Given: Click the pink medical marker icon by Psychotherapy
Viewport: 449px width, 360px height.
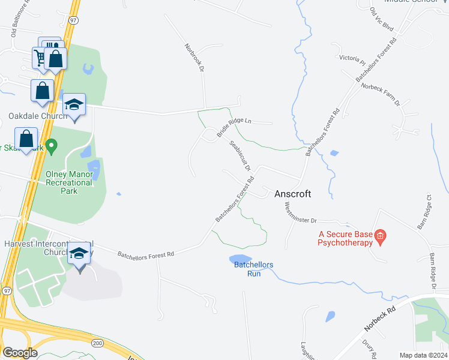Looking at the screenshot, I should pyautogui.click(x=380, y=238).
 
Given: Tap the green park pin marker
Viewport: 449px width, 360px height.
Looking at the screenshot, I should pyautogui.click(x=52, y=145).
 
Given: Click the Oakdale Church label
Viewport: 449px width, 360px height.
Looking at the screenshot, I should pyautogui.click(x=29, y=116).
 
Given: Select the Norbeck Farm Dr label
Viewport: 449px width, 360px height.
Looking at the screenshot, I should pyautogui.click(x=380, y=95).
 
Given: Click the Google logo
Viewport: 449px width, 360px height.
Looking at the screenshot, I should pyautogui.click(x=19, y=353).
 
